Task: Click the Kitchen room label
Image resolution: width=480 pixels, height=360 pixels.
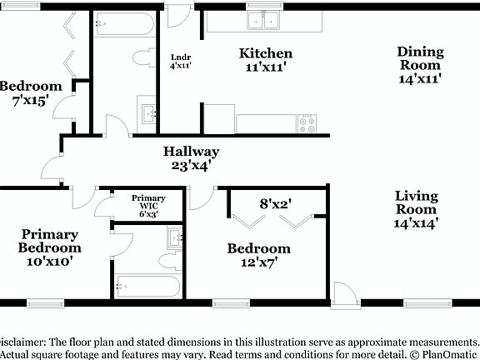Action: coord(266,54)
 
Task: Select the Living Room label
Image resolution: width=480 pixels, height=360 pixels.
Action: coord(416,197)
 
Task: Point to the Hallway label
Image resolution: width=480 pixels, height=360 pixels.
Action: coord(191,152)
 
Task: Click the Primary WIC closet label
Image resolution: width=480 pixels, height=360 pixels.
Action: coord(149,198)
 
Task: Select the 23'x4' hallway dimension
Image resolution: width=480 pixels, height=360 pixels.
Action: coord(191,165)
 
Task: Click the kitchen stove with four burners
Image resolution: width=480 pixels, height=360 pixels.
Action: coord(307,123)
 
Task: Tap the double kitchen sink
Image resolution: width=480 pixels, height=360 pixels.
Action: coord(266,20)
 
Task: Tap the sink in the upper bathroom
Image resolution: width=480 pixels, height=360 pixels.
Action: coord(148,112)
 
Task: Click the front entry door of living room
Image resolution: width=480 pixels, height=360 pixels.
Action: coord(342,293)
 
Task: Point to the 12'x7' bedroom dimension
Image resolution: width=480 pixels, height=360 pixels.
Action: coord(259,262)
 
